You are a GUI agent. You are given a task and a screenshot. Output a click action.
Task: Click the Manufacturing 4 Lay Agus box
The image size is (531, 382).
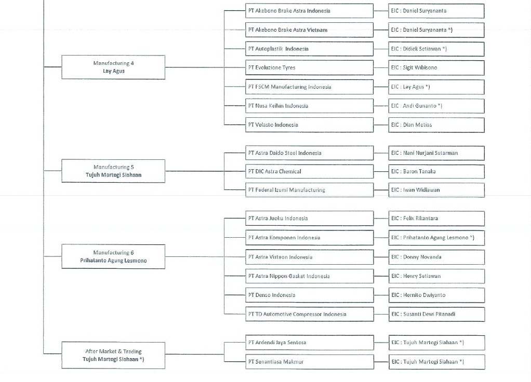[x=113, y=67]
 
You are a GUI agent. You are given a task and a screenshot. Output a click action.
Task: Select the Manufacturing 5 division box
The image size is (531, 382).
[x=113, y=171]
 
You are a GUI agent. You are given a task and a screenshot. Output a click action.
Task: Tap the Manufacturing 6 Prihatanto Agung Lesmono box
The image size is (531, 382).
[x=113, y=256]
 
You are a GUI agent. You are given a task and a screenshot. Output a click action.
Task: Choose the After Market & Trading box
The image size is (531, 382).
[x=113, y=355]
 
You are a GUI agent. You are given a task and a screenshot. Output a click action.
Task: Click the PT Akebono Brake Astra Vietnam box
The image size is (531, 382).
[x=309, y=30]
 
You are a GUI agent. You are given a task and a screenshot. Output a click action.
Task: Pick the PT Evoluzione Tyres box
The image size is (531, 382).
[x=309, y=67]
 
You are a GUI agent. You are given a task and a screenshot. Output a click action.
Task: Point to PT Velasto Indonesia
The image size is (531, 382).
[x=309, y=125]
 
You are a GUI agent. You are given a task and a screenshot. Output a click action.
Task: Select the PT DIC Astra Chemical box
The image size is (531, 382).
[x=309, y=172]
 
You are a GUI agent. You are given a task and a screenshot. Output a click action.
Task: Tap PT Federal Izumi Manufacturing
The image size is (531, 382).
[x=309, y=190]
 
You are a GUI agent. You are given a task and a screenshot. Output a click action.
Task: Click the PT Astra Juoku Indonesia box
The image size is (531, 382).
[x=309, y=218]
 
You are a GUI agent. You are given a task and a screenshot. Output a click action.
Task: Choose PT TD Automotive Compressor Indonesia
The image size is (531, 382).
[x=309, y=314]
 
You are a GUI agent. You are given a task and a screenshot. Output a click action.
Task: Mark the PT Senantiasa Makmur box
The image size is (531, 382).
[x=309, y=362]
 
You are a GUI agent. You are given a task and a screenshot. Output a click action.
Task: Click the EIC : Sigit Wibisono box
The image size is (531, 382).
[x=436, y=67]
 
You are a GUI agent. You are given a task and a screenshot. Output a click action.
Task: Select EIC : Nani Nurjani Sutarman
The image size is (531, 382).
[x=436, y=153]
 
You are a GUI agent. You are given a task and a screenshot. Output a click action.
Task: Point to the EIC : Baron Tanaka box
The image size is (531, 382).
[x=436, y=172]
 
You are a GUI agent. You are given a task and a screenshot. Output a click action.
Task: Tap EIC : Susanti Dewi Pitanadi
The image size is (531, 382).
[x=436, y=314]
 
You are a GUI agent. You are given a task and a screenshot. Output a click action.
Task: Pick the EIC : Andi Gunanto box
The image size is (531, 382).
[x=436, y=106]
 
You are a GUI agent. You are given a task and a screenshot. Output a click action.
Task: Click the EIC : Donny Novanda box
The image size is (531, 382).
[x=436, y=257]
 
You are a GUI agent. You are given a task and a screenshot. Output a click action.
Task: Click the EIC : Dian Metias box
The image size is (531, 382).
[x=436, y=125]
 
